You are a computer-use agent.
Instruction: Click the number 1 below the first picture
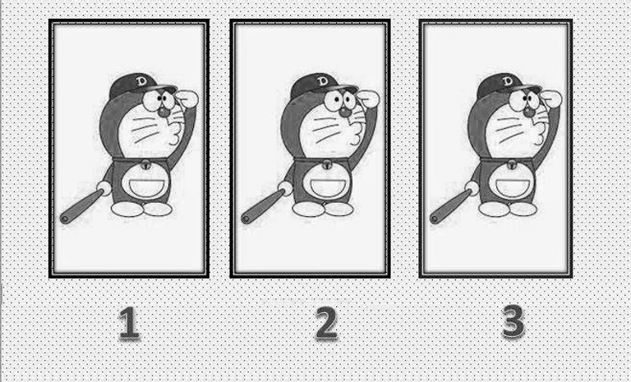click(129, 322)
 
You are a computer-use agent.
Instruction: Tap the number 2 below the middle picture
click(326, 322)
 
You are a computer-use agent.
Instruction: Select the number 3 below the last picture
click(514, 321)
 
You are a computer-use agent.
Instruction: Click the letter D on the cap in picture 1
click(141, 81)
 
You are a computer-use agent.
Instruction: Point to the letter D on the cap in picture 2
click(322, 81)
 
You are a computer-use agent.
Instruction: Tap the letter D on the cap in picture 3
click(507, 81)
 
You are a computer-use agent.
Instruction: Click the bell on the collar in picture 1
click(145, 164)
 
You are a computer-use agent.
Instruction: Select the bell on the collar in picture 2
click(327, 164)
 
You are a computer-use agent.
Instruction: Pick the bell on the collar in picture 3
click(512, 164)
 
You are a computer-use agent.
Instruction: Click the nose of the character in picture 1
click(164, 112)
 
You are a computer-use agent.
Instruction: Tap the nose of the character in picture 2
click(344, 112)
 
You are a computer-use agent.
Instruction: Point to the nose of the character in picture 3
click(529, 112)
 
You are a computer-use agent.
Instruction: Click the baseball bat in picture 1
click(81, 206)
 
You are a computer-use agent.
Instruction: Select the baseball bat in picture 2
click(263, 206)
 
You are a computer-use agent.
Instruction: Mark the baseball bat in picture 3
click(451, 206)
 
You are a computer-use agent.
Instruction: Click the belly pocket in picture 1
click(145, 187)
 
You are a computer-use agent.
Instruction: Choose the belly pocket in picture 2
click(326, 187)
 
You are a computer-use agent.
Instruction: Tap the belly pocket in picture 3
click(512, 187)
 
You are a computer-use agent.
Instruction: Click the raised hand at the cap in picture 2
click(368, 98)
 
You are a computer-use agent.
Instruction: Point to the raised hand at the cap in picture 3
click(550, 98)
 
